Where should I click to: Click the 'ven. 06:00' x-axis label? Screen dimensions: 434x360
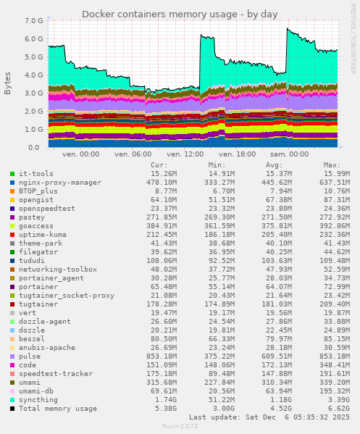click(133, 154)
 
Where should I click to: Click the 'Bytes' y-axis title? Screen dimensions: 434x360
click(8, 83)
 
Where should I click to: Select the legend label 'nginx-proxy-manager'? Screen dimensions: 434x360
click(60, 183)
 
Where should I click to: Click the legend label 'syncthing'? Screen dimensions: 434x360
click(38, 400)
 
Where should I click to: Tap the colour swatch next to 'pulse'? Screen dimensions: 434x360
click(12, 356)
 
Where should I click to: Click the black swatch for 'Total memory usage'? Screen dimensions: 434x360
click(12, 409)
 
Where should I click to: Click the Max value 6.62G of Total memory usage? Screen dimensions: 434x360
click(337, 409)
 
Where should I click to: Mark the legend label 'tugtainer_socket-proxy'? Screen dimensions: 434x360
click(67, 296)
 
